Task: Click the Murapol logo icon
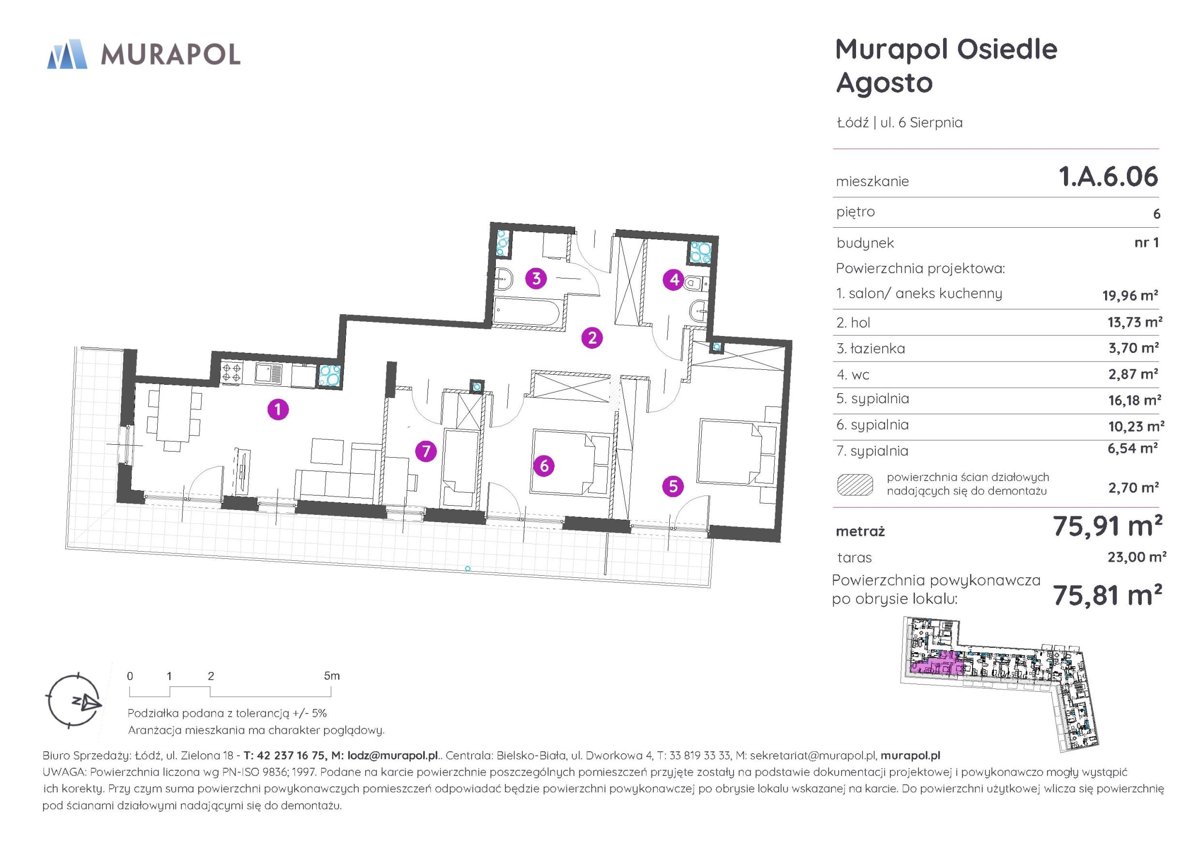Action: [x=67, y=54]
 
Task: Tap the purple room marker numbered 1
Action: [x=278, y=409]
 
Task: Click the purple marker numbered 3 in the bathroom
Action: [x=536, y=278]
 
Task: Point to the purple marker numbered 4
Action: [x=674, y=280]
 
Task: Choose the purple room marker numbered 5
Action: [x=673, y=486]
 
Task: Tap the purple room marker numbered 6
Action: [x=544, y=466]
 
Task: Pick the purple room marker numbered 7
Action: [x=426, y=451]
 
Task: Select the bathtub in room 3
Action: [x=528, y=312]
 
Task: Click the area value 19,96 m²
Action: [x=1130, y=295]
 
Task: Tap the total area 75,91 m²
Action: [x=1108, y=526]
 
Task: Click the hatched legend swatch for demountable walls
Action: [x=855, y=484]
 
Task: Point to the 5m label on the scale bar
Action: [x=332, y=676]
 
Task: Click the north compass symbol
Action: [x=74, y=701]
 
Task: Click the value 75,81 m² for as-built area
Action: [x=1108, y=595]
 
